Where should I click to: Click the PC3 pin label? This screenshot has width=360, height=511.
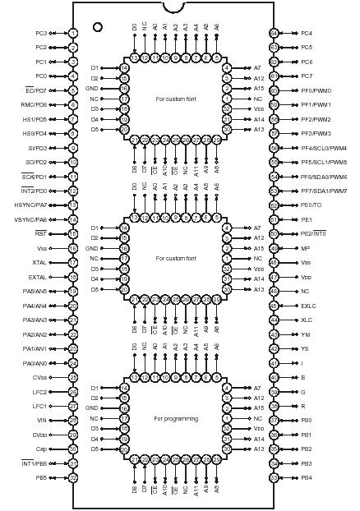tap(40, 33)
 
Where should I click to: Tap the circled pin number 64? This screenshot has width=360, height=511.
tap(274, 33)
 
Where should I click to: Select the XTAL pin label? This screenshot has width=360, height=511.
tap(39, 262)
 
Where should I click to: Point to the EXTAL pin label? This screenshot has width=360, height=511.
tap(37, 277)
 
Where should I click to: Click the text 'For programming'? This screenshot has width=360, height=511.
tap(176, 418)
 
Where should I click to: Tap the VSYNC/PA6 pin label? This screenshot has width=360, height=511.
tap(30, 219)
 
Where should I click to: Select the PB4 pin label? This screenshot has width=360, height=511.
tap(307, 477)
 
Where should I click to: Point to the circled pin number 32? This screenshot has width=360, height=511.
tap(73, 477)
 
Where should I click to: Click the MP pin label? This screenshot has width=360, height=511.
tap(305, 248)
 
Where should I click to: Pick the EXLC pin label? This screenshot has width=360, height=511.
tap(308, 306)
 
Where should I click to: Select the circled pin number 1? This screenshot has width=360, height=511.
tap(73, 33)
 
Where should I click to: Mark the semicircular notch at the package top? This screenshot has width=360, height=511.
tap(173, 7)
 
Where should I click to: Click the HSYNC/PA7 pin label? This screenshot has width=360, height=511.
tap(30, 205)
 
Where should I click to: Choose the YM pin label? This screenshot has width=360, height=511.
tap(306, 334)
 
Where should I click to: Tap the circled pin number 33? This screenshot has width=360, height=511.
tap(274, 477)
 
